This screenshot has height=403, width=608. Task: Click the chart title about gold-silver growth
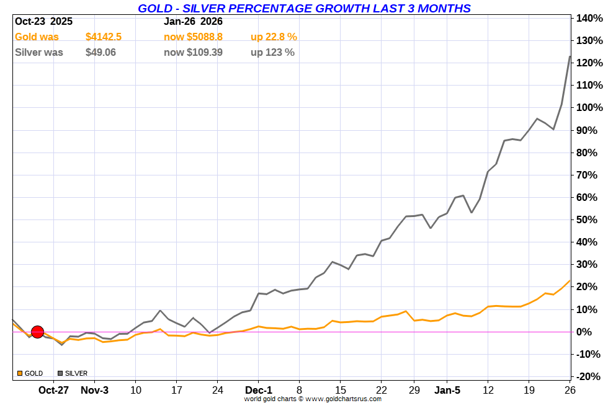coord(304,8)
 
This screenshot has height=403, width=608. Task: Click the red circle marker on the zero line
coord(37,332)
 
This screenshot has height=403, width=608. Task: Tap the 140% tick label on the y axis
coord(589,19)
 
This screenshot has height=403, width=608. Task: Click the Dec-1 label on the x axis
coord(258,390)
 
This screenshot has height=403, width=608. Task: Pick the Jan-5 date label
coord(447,390)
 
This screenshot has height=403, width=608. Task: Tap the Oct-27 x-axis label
coord(53,390)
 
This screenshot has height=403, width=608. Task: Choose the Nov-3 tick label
coord(94,390)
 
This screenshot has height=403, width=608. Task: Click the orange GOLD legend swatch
coord(20,373)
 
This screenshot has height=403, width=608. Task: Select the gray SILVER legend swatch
coord(60,373)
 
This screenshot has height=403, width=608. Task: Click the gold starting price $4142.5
coord(103,37)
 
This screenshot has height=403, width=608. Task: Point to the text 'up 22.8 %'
coord(274,37)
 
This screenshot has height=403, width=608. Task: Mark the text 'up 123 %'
coord(272,53)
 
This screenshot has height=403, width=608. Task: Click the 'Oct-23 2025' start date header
coord(43,21)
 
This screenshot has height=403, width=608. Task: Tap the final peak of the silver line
coord(570,57)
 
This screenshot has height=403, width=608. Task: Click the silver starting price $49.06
coord(101,53)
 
